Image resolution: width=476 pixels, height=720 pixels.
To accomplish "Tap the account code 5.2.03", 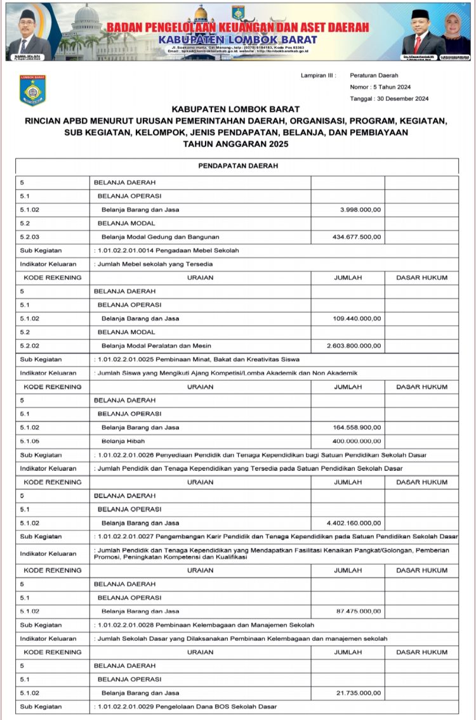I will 30,237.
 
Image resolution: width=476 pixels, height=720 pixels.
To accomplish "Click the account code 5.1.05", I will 30,441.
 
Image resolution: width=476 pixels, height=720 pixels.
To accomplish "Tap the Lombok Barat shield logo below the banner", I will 33,91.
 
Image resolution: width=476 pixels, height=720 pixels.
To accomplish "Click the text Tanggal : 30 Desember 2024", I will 389,98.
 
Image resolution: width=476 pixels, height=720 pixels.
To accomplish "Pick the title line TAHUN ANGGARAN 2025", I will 236,145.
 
